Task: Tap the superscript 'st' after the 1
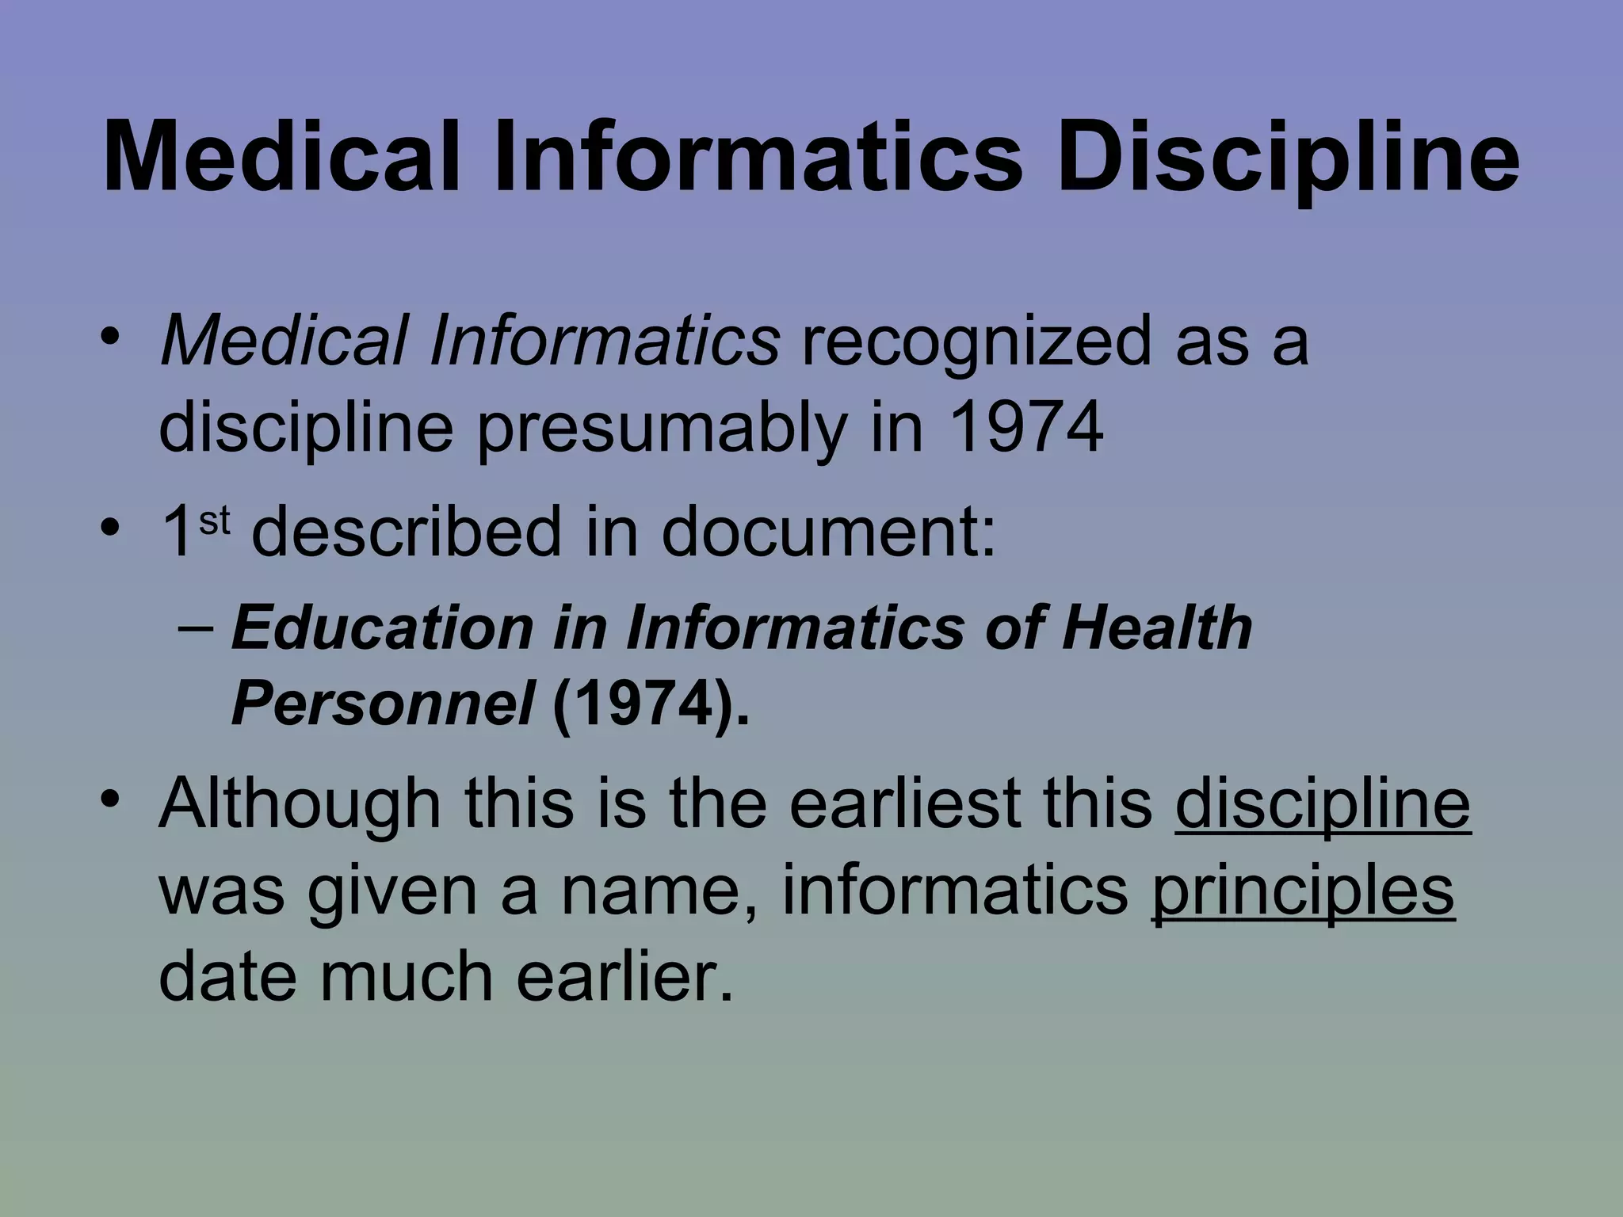214,521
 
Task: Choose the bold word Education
382,628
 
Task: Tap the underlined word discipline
1323,804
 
